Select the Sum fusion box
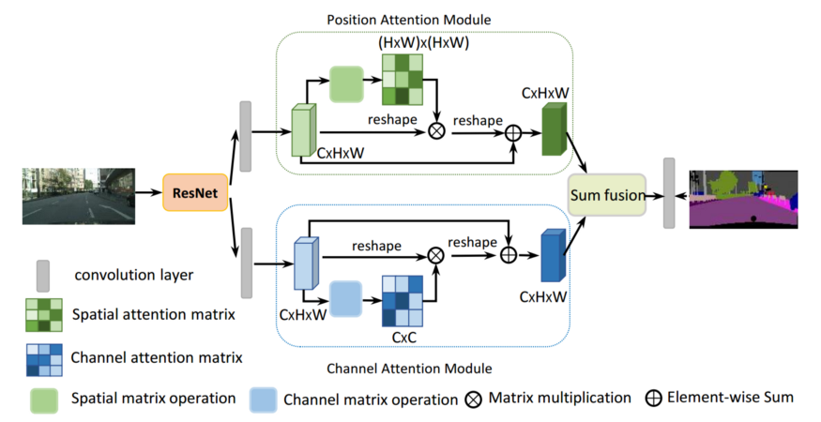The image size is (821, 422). [x=607, y=194]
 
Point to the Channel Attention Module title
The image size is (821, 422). [x=410, y=369]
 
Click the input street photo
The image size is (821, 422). [x=77, y=195]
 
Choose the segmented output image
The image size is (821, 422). [x=742, y=199]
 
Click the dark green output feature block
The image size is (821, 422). [x=555, y=129]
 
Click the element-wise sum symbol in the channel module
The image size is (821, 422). [x=508, y=253]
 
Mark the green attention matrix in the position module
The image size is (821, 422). [x=402, y=79]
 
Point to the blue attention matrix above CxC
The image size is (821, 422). [x=401, y=299]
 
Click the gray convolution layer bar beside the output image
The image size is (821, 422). [x=669, y=193]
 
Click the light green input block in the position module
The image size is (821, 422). [x=302, y=130]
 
